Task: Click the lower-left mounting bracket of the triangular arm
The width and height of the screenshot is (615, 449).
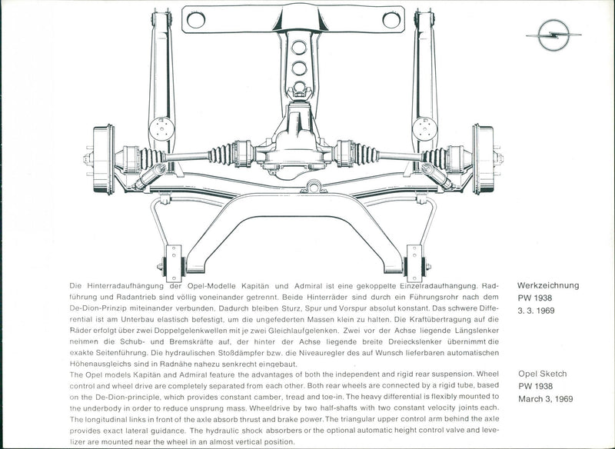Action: tap(175, 264)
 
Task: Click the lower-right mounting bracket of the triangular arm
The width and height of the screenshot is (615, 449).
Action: tap(414, 264)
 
